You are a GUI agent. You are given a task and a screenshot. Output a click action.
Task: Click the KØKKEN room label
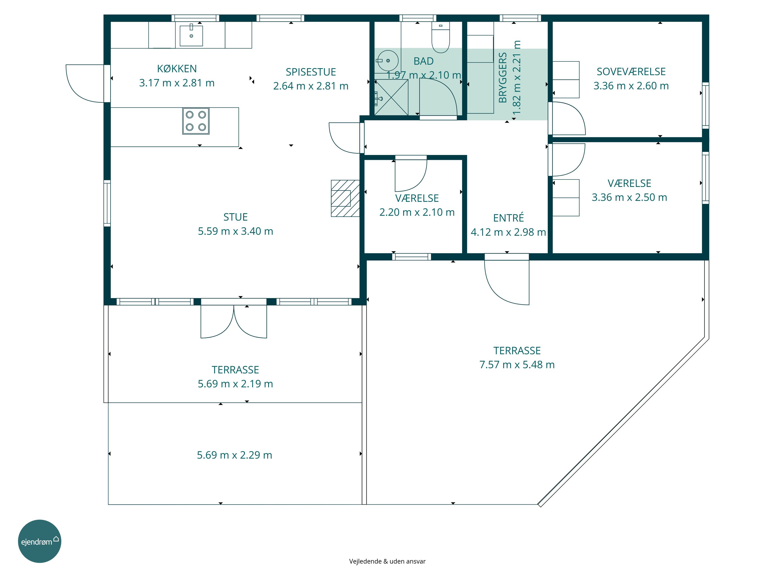[177, 69]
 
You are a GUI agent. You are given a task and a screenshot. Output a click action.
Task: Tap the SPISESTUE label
[311, 72]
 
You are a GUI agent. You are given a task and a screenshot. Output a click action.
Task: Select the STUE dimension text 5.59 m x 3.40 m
[235, 231]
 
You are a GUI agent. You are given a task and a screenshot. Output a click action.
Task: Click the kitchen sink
[191, 35]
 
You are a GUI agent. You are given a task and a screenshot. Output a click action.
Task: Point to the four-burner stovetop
[196, 121]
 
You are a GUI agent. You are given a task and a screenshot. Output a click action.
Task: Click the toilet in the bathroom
[440, 37]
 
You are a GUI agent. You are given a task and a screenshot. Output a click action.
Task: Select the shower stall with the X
[391, 97]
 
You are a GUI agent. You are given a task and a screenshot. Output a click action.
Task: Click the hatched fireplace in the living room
[345, 198]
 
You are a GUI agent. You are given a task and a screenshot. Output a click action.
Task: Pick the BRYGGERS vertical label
[503, 77]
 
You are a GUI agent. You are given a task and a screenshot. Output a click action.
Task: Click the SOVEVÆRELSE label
[631, 72]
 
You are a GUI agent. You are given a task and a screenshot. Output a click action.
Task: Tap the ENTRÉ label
[508, 218]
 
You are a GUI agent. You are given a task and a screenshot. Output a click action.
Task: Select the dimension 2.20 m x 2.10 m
[417, 212]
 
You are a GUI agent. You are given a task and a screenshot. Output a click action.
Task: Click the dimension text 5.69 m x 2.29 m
[234, 455]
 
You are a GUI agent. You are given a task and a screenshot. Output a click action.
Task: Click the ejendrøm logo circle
[40, 541]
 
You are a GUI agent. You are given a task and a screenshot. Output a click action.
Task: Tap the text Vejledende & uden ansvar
[387, 561]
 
